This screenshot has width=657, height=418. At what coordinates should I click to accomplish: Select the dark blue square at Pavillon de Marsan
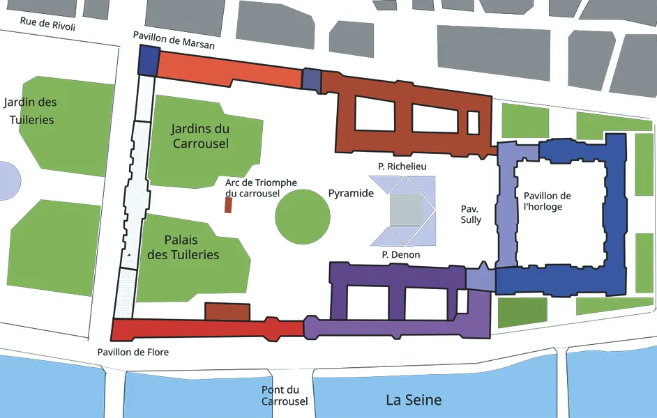pyautogui.click(x=149, y=60)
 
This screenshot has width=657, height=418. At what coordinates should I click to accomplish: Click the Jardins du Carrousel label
pyautogui.click(x=200, y=136)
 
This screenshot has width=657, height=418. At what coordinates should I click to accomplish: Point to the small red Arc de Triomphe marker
pyautogui.click(x=228, y=205)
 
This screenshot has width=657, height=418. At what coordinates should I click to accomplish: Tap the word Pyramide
pyautogui.click(x=351, y=193)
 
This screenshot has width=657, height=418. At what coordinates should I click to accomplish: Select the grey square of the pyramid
pyautogui.click(x=405, y=210)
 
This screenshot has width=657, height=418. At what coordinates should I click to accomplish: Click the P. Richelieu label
pyautogui.click(x=402, y=166)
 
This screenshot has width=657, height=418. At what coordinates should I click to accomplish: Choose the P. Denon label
pyautogui.click(x=401, y=255)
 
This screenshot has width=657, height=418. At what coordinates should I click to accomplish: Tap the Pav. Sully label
pyautogui.click(x=471, y=214)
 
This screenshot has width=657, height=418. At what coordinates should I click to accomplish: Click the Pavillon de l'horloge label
pyautogui.click(x=547, y=201)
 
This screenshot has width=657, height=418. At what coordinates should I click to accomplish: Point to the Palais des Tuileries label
pyautogui.click(x=183, y=247)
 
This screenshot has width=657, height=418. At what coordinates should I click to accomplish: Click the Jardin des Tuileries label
pyautogui.click(x=31, y=111)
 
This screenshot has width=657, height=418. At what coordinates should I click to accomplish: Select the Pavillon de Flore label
pyautogui.click(x=133, y=352)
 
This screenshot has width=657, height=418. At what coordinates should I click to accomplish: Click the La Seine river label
pyautogui.click(x=414, y=400)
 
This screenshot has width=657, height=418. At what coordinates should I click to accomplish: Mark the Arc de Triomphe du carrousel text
pyautogui.click(x=261, y=188)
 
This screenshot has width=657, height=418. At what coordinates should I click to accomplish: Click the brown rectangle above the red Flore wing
pyautogui.click(x=227, y=312)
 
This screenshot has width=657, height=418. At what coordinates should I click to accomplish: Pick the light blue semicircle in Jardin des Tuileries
pyautogui.click(x=9, y=180)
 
